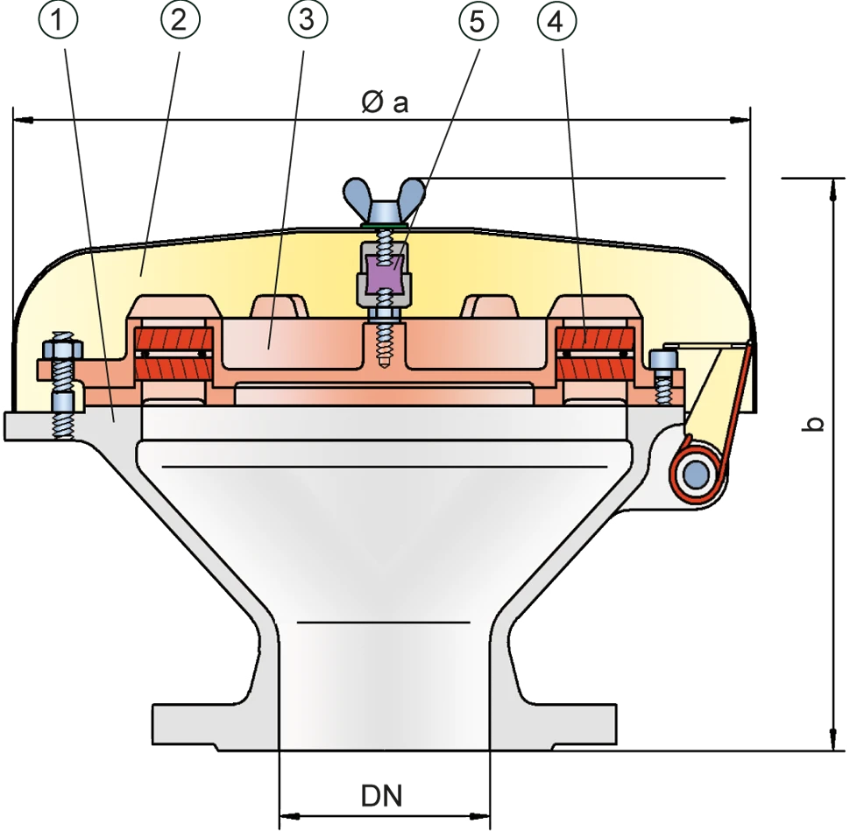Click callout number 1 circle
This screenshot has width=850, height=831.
pos(58,20)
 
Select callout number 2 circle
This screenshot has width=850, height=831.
pos(181,20)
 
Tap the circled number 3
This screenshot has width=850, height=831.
pos(308,20)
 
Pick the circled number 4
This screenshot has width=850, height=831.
pos(556,21)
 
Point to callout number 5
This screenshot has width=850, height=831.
pos(478,21)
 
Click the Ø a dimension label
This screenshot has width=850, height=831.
pos(385,102)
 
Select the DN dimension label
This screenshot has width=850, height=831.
pos(382,796)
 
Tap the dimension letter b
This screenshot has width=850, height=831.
pos(812,424)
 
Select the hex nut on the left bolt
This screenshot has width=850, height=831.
pos(60,349)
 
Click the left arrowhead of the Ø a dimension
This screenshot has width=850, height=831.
pos(23,118)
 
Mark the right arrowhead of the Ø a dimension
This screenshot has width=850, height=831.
pos(740,118)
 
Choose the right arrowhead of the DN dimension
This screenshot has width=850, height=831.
pos(479,816)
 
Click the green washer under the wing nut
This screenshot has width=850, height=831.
pos(384,223)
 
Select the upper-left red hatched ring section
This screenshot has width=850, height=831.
pos(174,340)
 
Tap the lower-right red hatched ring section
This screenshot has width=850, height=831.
pos(596,369)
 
